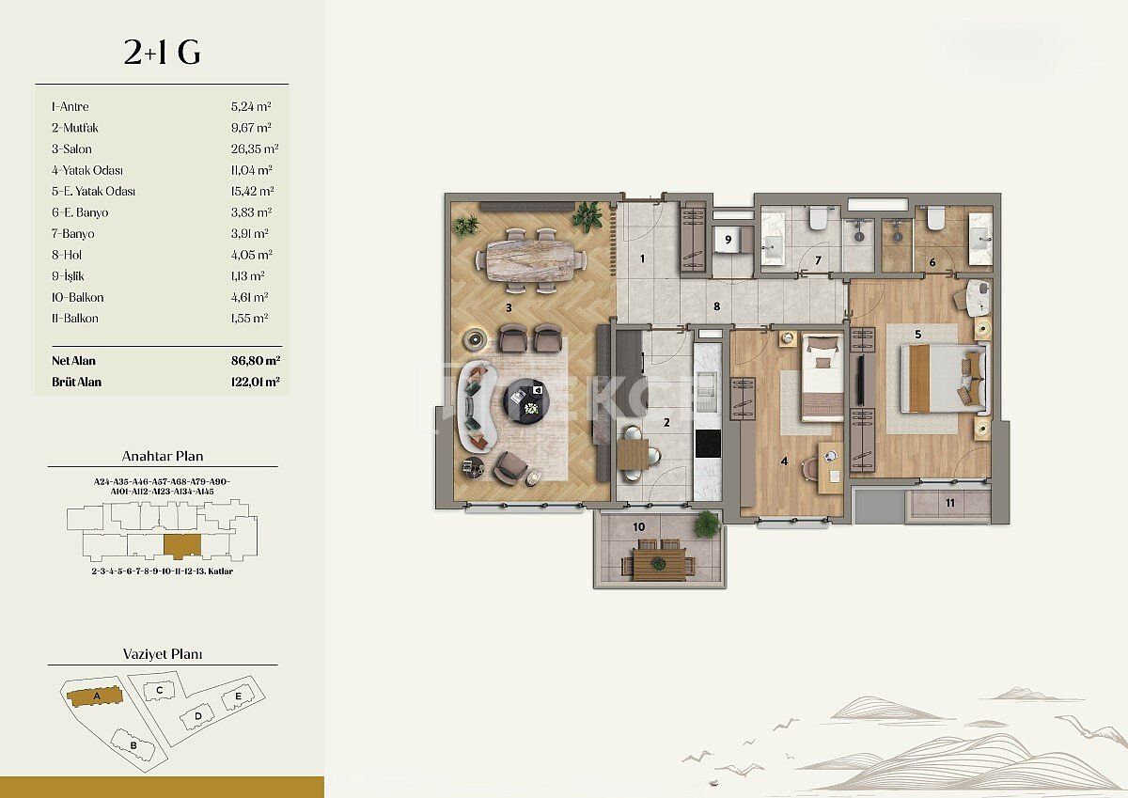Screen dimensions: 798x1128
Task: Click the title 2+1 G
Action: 162,54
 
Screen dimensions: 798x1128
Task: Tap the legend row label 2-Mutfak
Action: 75,128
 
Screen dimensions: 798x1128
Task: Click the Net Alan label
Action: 73,361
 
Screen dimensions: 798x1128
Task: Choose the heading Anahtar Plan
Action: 162,457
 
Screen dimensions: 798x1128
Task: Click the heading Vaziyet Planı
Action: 162,654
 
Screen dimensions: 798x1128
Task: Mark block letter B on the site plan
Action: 133,745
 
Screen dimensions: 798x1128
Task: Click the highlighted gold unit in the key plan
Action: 181,544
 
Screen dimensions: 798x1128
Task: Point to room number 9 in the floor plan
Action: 728,240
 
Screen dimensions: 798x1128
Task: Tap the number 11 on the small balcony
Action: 949,504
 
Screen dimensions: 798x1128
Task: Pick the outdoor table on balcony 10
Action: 657,563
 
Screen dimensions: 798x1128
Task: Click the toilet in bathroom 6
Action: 935,219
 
